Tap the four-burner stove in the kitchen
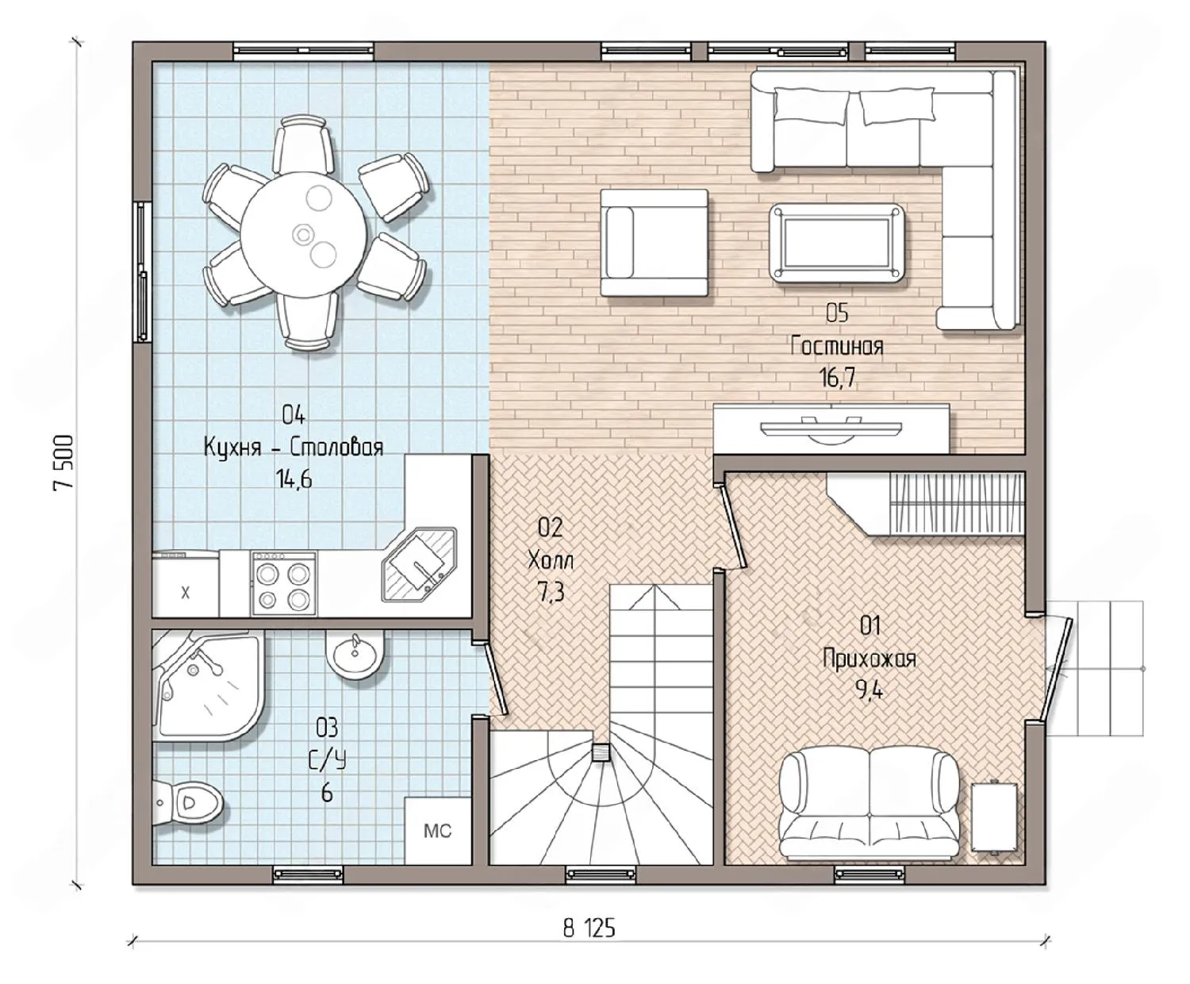point(284,582)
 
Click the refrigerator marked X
point(185,583)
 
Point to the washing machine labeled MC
point(438,831)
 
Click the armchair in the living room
point(654,243)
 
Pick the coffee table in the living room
point(837,244)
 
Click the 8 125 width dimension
point(589,929)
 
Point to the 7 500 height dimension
point(63,463)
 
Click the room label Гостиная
point(837,346)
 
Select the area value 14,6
point(294,479)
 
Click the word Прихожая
point(869,659)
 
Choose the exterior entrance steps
point(1095,669)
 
